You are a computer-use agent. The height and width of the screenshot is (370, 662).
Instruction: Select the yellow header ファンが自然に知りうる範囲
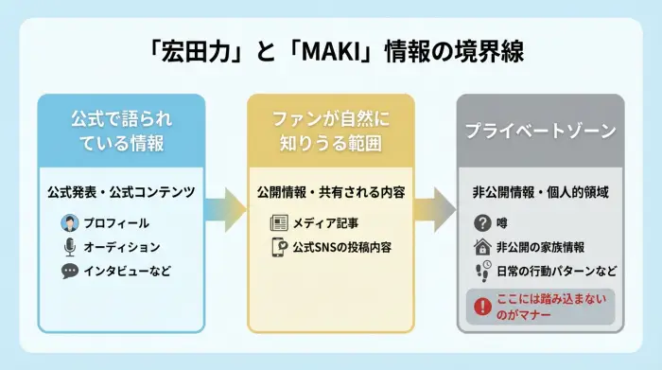[x=330, y=132]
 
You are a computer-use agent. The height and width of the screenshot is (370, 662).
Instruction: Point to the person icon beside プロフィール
[x=69, y=223]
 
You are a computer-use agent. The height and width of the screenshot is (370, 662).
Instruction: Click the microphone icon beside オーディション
[x=69, y=247]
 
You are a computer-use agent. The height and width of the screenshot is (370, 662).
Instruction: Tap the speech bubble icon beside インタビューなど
[x=69, y=271]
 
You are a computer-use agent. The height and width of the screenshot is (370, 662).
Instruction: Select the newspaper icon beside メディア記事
[x=279, y=223]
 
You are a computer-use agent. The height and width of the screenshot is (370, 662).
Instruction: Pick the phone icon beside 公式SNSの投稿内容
[x=279, y=248]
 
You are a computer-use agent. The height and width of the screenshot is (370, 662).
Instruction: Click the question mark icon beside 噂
[x=482, y=223]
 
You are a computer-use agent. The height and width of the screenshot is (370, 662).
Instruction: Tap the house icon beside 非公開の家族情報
[x=482, y=247]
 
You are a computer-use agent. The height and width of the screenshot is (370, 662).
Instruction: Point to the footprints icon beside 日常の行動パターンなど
[x=482, y=271]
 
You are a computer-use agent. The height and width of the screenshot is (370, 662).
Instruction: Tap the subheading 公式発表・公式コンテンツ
[x=121, y=192]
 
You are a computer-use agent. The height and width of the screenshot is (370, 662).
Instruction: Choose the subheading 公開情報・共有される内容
[x=331, y=192]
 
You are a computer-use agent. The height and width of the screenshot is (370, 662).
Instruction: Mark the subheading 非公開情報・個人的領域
[x=540, y=192]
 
